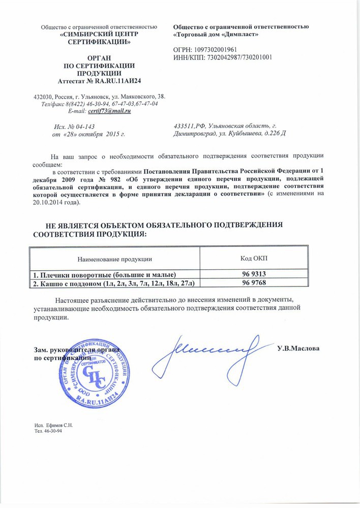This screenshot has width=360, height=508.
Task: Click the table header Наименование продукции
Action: point(115,259)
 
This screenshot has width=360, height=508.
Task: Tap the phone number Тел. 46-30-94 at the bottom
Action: point(48,431)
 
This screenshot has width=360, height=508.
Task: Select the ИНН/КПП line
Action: point(223,57)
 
